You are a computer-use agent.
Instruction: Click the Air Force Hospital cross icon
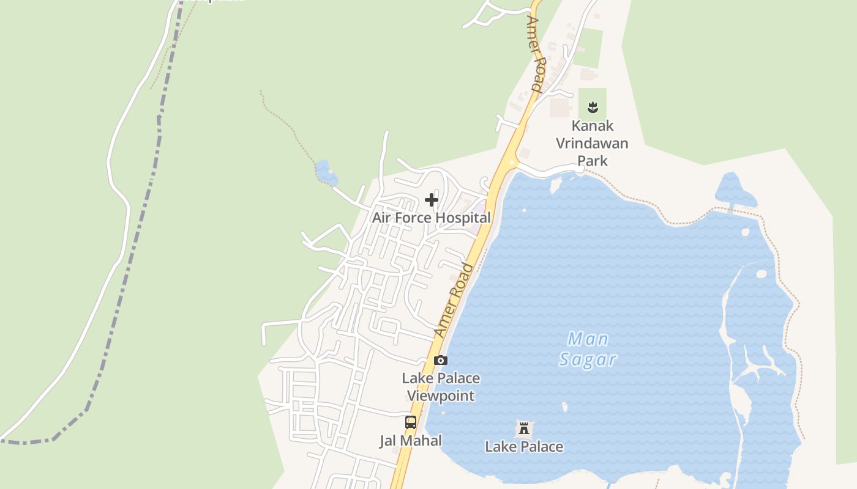[x=432, y=200]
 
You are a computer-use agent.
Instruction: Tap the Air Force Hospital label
[x=432, y=218]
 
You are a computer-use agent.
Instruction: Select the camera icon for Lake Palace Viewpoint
[x=440, y=361]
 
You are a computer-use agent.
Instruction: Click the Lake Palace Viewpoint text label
[x=441, y=387]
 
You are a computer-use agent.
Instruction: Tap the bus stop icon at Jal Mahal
[x=411, y=422]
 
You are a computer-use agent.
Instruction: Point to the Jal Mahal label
[x=411, y=441]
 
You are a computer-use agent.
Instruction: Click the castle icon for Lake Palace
[x=524, y=428]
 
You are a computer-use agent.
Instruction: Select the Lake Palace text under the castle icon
[x=524, y=447]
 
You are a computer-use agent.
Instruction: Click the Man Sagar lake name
[x=588, y=349]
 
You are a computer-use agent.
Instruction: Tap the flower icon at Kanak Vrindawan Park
[x=592, y=108]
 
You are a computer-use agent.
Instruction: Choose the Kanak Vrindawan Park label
[x=592, y=143]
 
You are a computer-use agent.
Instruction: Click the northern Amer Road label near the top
[x=534, y=54]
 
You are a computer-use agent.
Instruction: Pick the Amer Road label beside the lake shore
[x=454, y=300]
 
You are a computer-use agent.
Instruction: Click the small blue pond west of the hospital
[x=325, y=172]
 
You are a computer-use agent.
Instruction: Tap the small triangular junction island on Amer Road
[x=512, y=162]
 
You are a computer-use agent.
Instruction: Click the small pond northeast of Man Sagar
[x=734, y=190]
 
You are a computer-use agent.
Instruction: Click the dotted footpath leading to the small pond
[x=288, y=128]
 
